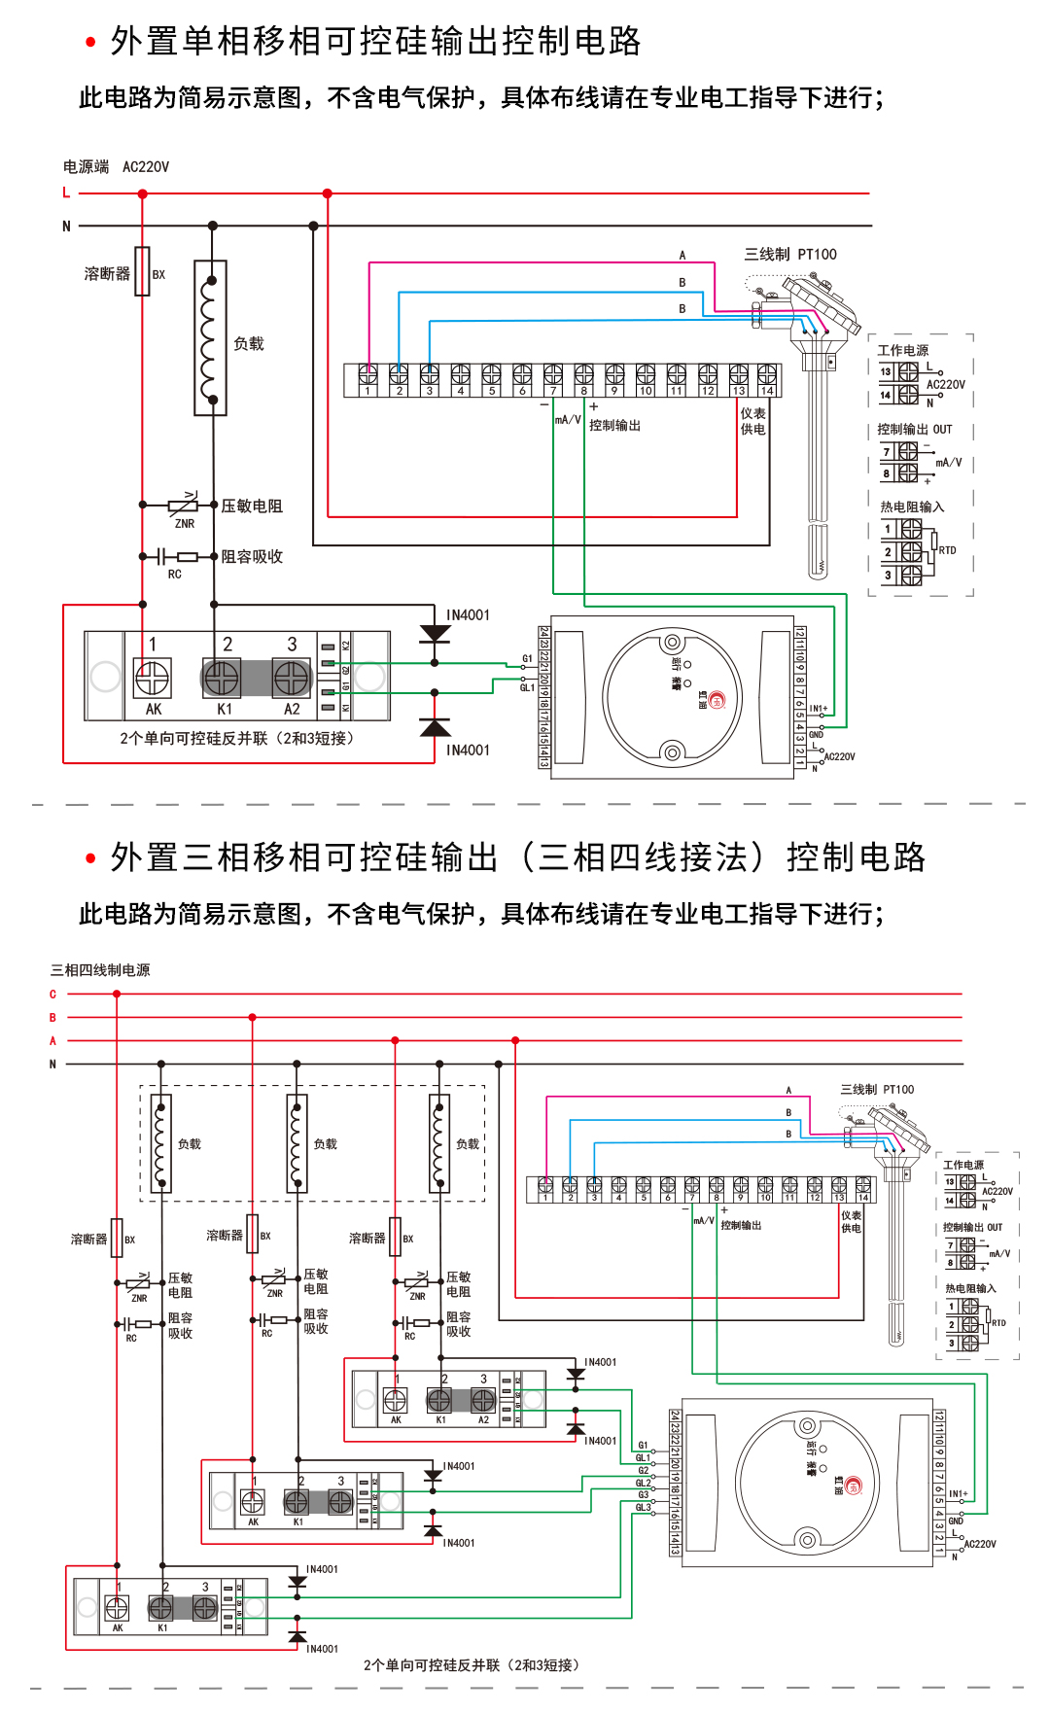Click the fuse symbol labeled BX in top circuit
pyautogui.click(x=142, y=271)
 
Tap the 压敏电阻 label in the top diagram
pyautogui.click(x=252, y=507)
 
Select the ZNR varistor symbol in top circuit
pyautogui.click(x=183, y=505)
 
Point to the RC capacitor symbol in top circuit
pyautogui.click(x=161, y=556)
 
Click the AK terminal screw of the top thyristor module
pyautogui.click(x=152, y=677)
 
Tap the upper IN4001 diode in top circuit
pyautogui.click(x=435, y=634)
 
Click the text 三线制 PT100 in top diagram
pyautogui.click(x=789, y=255)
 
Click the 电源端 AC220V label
pyautogui.click(x=116, y=167)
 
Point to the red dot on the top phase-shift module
pyautogui.click(x=717, y=700)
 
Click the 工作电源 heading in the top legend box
pyautogui.click(x=902, y=350)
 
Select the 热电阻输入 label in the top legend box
pyautogui.click(x=911, y=507)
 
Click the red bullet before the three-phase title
pyautogui.click(x=90, y=858)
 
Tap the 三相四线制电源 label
pyautogui.click(x=100, y=970)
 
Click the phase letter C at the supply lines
pyautogui.click(x=52, y=995)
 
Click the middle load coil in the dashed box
pyautogui.click(x=297, y=1143)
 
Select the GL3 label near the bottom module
pyautogui.click(x=643, y=1507)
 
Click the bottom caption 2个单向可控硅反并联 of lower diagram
pyautogui.click(x=472, y=1665)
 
